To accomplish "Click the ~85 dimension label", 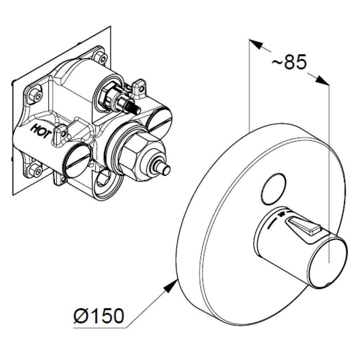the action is (289, 62).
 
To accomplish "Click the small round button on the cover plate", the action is (274, 189).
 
